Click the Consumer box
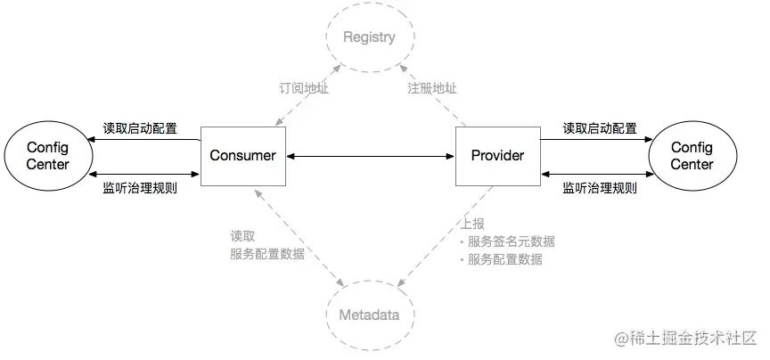(242, 156)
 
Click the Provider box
(497, 156)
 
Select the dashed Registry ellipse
(369, 38)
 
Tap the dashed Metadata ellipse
(369, 315)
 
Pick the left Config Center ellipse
(47, 156)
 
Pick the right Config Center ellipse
(692, 156)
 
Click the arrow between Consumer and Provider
(370, 157)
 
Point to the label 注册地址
(432, 89)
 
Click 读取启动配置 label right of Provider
(599, 128)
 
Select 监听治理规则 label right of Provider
(599, 188)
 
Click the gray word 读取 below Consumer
(242, 237)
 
